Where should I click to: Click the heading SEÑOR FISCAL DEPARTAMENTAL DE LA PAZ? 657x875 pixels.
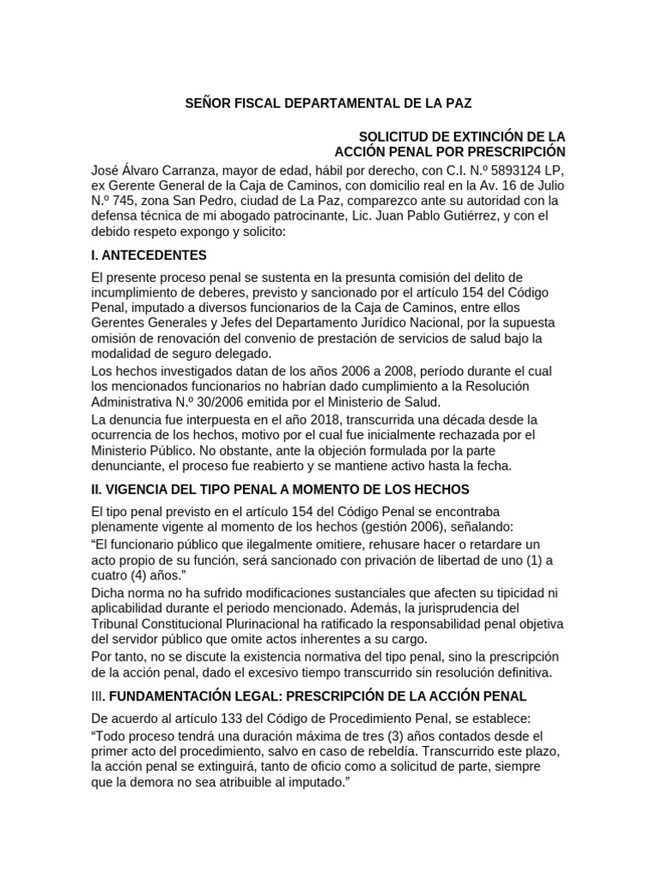click(x=328, y=103)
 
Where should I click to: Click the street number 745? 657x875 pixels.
click(x=133, y=202)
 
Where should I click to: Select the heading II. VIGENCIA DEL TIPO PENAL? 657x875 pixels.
click(x=279, y=489)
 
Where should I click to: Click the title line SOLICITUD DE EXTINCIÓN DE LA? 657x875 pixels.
click(x=462, y=137)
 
